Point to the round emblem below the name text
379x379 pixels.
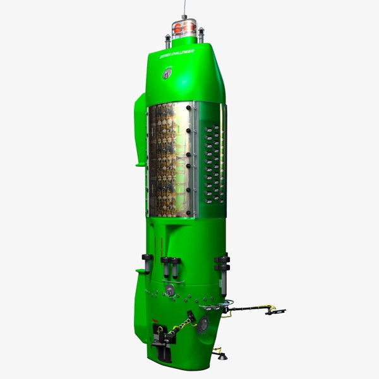pyautogui.click(x=167, y=74)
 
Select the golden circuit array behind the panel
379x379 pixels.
pyautogui.click(x=167, y=158)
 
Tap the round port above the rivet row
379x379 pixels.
pyautogui.click(x=170, y=290)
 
